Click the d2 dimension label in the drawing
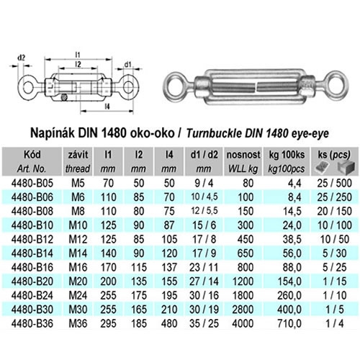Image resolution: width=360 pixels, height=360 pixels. point(22,58)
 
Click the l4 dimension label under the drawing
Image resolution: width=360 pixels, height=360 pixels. point(107,106)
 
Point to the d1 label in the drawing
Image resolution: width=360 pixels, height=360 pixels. point(127,64)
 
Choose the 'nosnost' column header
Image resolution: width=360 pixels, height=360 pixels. point(243,155)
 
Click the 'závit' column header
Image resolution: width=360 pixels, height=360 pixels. point(78,155)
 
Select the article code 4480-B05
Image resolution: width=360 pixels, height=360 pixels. point(32,183)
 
